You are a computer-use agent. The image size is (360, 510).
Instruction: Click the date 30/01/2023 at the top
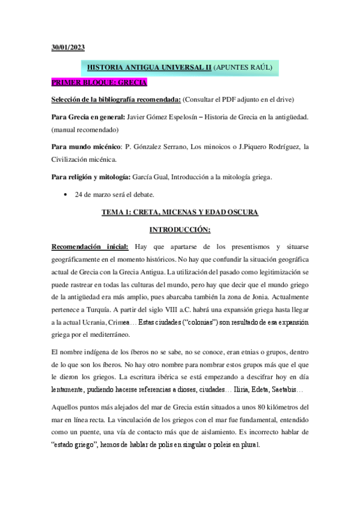pos(68,48)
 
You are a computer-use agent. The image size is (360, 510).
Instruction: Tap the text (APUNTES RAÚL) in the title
pos(243,69)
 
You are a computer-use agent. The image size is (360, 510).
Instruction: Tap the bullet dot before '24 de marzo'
pos(65,195)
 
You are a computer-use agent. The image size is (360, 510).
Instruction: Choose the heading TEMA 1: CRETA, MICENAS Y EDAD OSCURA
pos(180,212)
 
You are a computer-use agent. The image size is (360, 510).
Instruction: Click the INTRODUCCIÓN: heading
pos(180,229)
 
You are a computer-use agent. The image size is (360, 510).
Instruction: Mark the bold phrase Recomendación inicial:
pos(90,246)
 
